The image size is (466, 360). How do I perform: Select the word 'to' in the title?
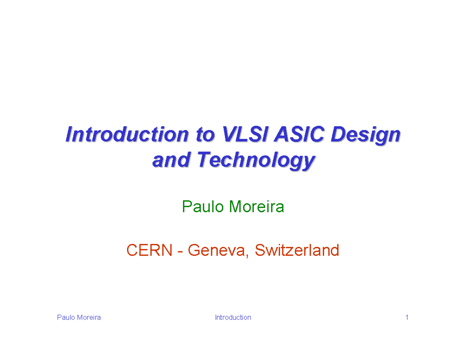(203, 135)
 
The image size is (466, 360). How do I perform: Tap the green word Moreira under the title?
(257, 207)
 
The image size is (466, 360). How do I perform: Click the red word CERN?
(149, 250)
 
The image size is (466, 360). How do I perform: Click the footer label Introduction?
(233, 318)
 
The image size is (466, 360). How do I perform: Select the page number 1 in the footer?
(407, 318)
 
